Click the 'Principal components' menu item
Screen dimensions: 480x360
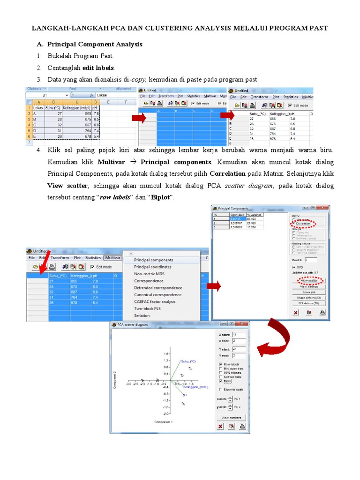153,260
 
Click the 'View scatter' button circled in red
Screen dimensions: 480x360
309,280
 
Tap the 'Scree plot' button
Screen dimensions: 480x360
309,292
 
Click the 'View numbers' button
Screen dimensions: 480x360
231,417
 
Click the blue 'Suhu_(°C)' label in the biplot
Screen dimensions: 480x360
188,361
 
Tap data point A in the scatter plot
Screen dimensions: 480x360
183,404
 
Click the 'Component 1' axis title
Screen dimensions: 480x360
164,422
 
